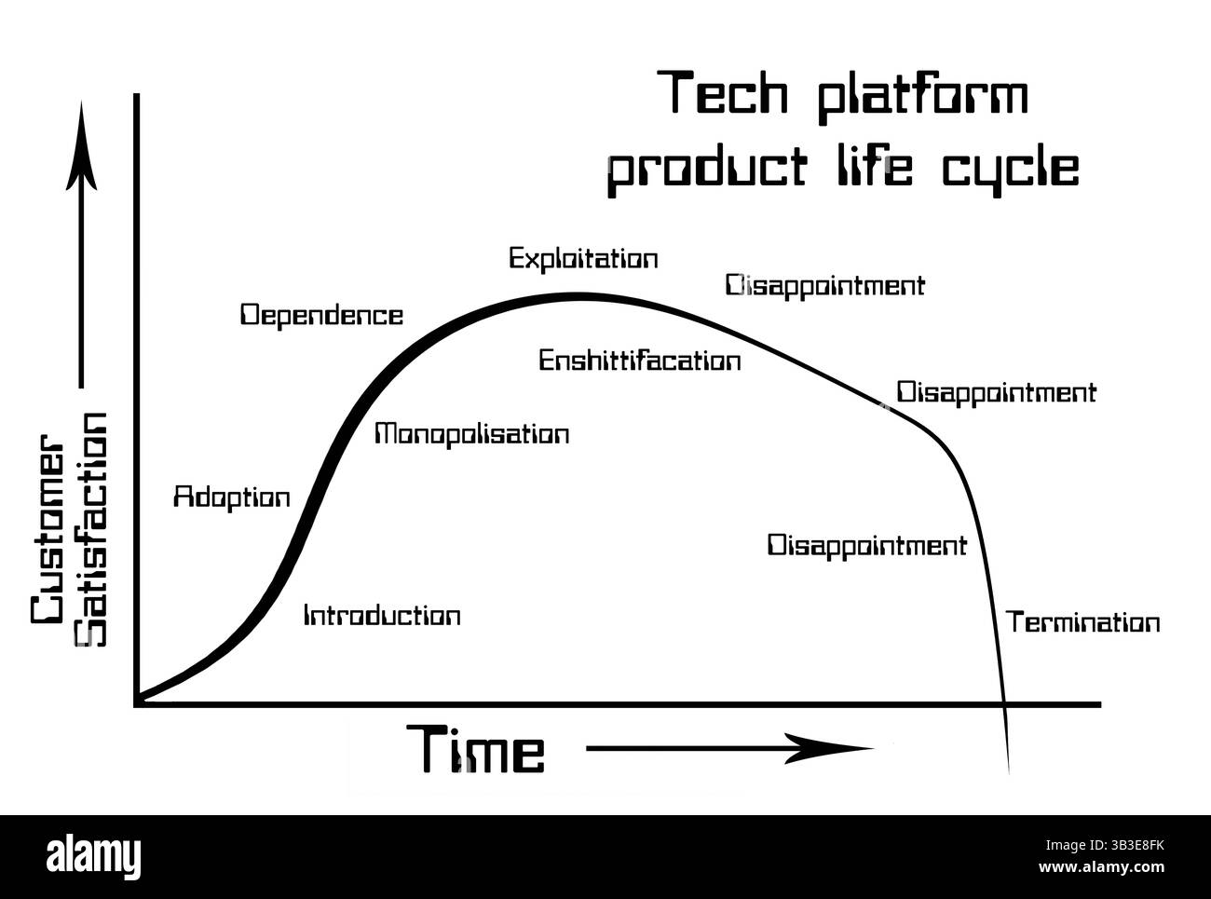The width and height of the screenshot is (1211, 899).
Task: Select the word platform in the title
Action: coord(923,97)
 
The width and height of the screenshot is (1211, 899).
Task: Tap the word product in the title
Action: coord(707,170)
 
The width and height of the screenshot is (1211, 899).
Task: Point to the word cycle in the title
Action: coord(1011,170)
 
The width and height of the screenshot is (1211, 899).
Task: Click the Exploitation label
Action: coord(583,258)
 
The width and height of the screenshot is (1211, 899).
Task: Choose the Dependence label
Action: coord(321,316)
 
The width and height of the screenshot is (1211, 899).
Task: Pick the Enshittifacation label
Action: coord(639,361)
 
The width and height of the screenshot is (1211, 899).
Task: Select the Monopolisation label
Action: coord(471,435)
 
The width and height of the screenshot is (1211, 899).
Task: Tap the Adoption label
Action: coord(232,498)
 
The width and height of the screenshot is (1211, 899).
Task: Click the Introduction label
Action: coord(382,616)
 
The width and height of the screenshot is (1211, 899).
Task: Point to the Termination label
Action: coord(1082,622)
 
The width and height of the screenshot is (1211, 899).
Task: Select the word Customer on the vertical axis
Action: coord(48,529)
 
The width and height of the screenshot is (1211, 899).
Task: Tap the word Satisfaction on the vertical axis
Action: coord(90,529)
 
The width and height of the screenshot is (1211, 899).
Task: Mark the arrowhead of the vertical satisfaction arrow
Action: coord(81,146)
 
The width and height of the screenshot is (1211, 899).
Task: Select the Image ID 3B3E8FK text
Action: coord(1105,846)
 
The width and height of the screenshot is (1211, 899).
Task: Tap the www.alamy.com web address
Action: coord(1101,866)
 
